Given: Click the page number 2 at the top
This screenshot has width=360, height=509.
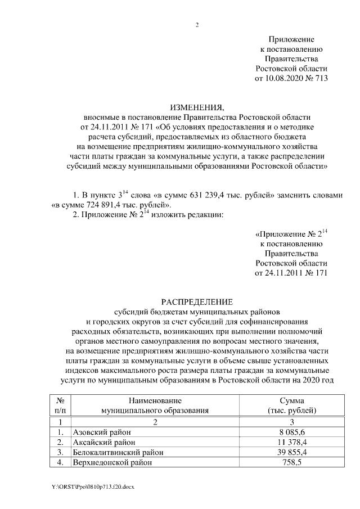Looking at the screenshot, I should pyautogui.click(x=197, y=25).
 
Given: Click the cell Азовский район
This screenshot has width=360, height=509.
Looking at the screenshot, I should pyautogui.click(x=102, y=432).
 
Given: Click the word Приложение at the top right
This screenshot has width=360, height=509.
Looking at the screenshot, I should pyautogui.click(x=291, y=39).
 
